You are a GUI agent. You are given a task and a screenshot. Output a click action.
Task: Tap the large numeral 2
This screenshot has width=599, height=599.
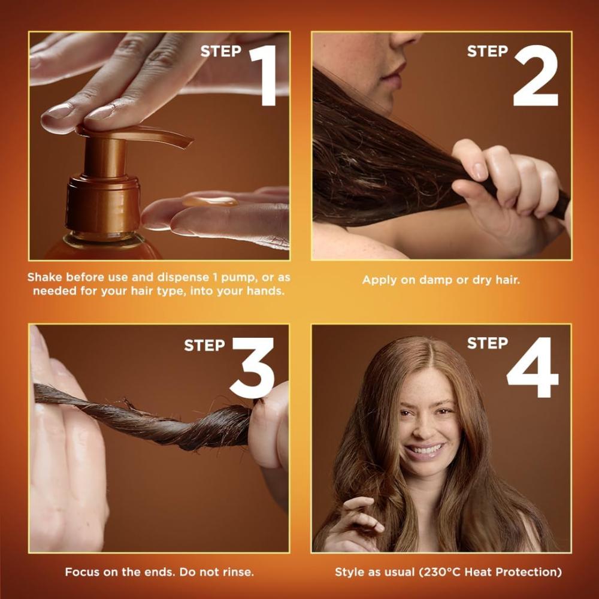536,75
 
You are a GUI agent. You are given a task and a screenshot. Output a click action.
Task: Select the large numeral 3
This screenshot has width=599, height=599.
253,368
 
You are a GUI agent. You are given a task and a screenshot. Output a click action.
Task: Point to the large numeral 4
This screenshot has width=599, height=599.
533,368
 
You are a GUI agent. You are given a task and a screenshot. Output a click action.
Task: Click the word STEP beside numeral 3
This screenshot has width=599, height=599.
204,346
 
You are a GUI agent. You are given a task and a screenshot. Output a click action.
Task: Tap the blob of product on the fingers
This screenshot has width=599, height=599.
210,201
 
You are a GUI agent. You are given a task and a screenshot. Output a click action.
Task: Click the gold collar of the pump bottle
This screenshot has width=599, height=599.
103,204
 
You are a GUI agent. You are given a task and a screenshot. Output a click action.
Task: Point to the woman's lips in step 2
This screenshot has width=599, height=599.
394,74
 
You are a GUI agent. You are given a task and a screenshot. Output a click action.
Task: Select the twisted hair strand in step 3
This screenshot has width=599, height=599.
145,418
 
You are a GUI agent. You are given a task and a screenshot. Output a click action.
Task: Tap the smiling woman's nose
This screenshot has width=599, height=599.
424,426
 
